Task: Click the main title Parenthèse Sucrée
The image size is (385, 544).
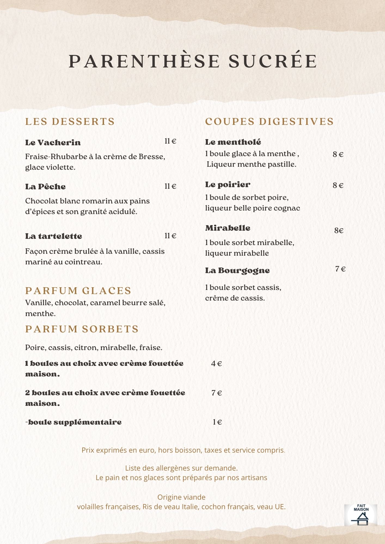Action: [193, 61]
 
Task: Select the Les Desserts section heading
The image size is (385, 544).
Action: [70, 122]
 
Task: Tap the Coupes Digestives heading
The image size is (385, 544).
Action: [269, 122]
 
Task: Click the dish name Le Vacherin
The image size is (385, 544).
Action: [53, 143]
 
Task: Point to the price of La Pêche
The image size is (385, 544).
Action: [170, 186]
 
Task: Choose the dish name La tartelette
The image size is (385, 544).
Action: [54, 236]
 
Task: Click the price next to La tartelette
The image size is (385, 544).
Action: [170, 236]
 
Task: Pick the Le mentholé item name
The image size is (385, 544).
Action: [233, 142]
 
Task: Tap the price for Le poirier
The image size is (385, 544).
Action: [338, 186]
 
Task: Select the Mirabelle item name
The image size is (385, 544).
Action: [228, 228]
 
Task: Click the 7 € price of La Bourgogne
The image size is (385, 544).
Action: [340, 269]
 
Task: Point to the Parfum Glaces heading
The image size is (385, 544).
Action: [78, 291]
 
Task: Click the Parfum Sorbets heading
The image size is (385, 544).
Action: [82, 329]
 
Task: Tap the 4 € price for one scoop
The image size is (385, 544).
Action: [216, 364]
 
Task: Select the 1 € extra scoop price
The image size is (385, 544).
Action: [217, 422]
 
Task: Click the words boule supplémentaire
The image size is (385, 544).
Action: [75, 422]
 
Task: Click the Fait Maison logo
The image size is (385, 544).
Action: [361, 515]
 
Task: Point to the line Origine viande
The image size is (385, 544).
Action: [181, 497]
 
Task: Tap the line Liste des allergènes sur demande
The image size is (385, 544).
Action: [181, 468]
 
